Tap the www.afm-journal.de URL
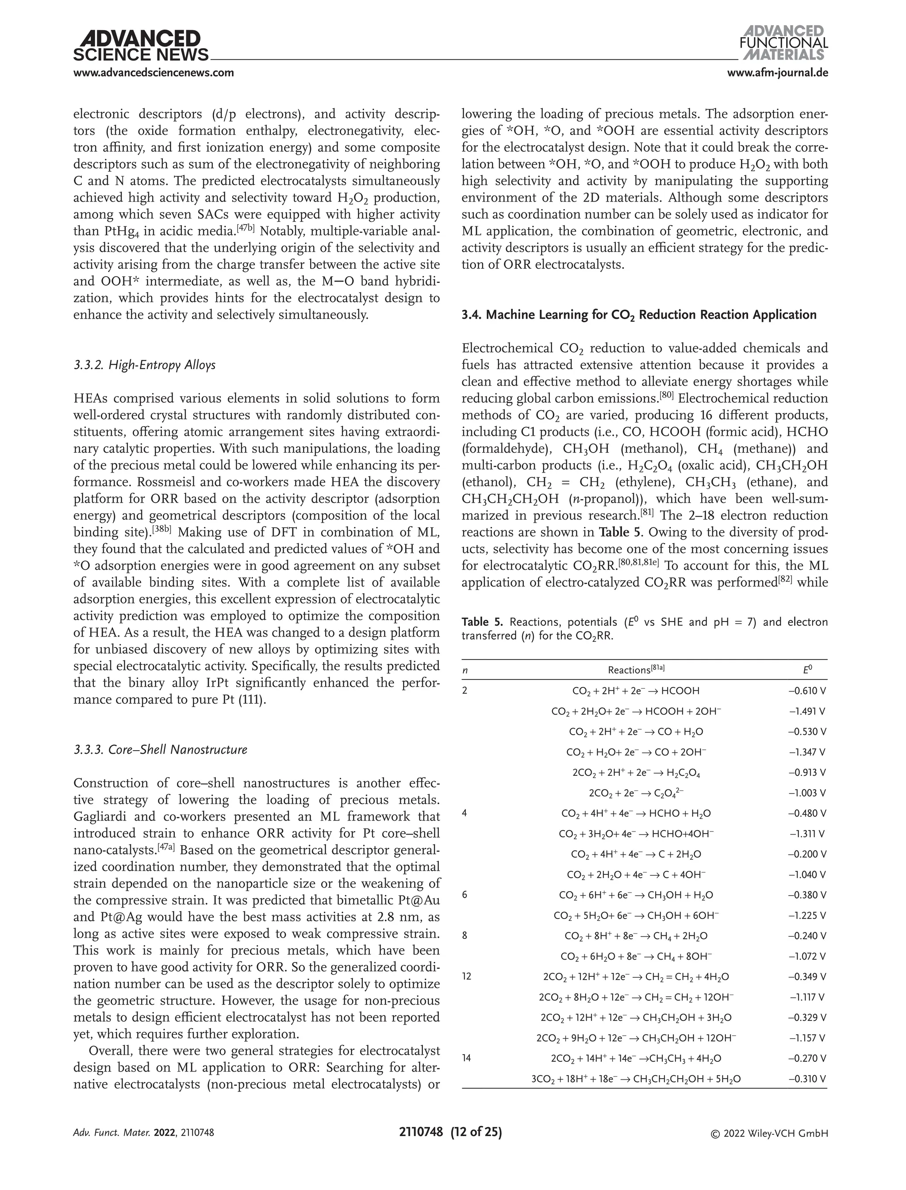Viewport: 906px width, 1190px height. [777, 73]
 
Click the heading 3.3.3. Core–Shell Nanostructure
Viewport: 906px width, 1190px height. [160, 750]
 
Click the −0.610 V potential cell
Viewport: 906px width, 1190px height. [807, 691]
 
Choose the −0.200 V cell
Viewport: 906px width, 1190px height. [807, 854]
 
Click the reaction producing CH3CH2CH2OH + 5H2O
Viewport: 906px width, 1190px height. [636, 1079]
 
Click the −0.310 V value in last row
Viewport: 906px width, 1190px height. [807, 1079]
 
